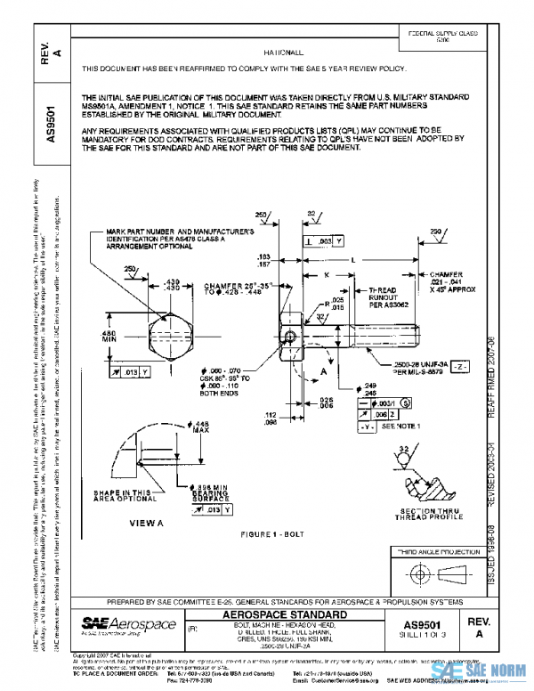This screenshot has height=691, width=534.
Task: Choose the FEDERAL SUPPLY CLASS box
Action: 442,36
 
